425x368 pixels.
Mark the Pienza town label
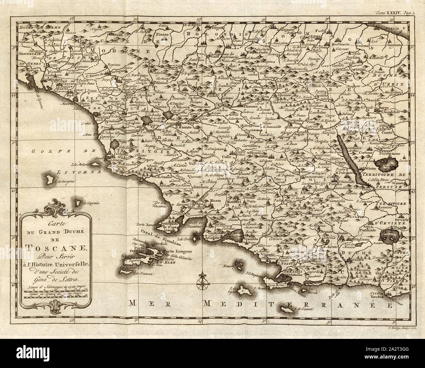[338, 184]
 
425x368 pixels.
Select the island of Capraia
[79, 204]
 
